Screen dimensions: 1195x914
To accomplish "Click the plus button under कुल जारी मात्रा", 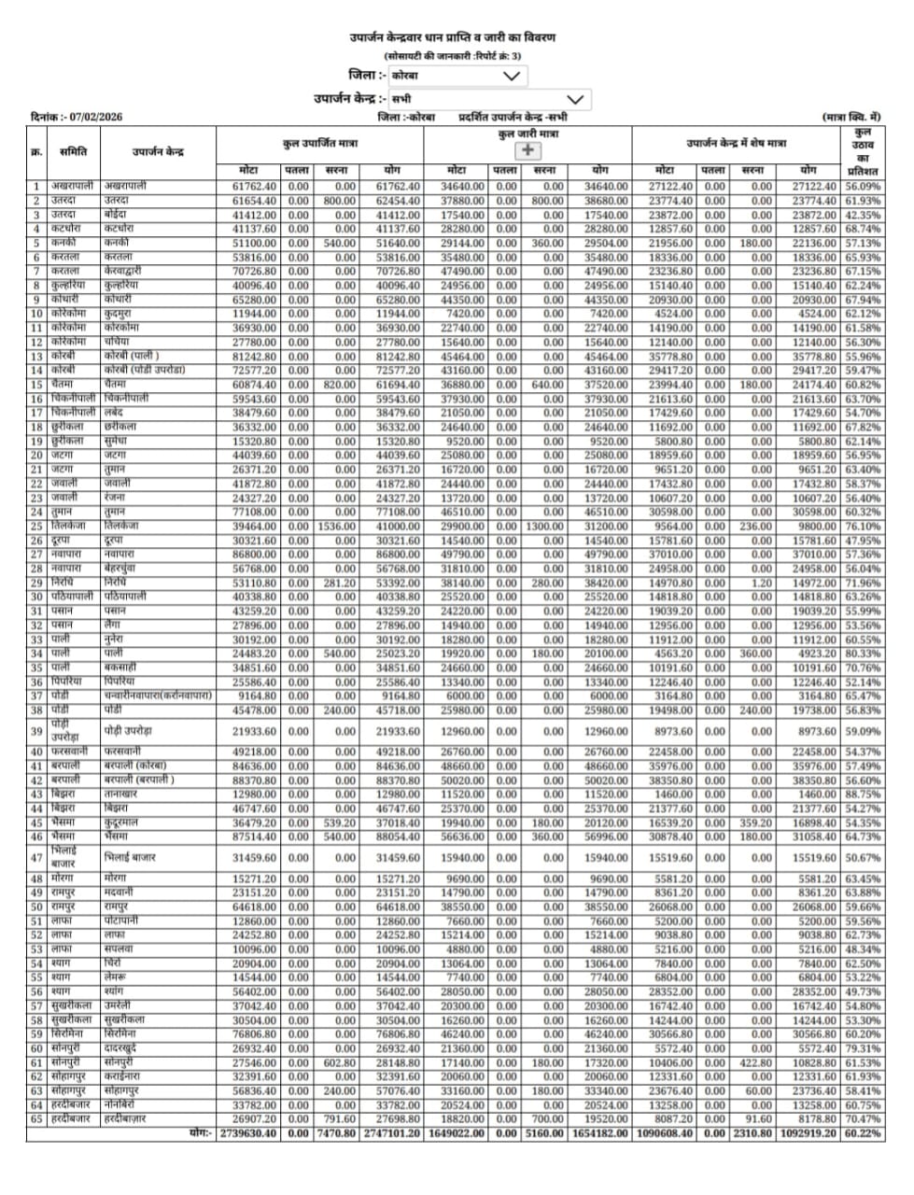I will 527,149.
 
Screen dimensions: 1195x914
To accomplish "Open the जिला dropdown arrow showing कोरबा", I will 511,76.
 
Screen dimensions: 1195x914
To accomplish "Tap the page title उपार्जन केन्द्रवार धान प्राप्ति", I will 453,38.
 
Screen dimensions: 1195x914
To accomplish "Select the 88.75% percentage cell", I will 864,794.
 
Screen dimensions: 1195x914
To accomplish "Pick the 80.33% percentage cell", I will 864,654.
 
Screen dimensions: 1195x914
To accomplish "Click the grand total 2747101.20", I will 391,1132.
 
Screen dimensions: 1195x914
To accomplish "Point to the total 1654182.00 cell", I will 598,1132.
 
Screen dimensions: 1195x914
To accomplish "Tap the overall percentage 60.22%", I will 864,1132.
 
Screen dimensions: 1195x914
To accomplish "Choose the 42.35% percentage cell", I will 864,215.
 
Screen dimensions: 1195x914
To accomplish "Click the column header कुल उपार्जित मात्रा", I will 319,144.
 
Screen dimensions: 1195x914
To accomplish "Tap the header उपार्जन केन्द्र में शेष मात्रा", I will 736,144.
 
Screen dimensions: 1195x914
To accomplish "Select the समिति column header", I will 73,151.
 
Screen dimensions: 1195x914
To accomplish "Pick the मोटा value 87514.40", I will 254,836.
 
